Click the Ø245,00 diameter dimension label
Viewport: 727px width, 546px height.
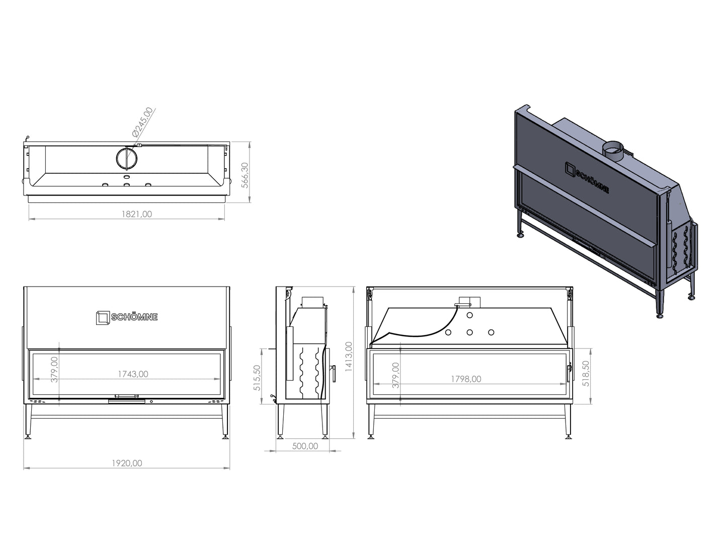pos(142,122)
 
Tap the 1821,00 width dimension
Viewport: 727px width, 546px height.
pos(136,214)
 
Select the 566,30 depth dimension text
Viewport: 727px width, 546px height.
pos(245,175)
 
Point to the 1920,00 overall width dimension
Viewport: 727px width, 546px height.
pos(127,463)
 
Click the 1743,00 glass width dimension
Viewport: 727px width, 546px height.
pos(133,374)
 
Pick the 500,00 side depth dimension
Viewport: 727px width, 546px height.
pos(305,446)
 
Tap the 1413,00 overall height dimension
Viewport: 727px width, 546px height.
pos(349,357)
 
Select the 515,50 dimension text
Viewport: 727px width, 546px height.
pos(257,378)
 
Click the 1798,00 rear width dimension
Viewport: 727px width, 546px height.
pos(466,379)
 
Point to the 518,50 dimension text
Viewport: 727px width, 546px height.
pos(586,373)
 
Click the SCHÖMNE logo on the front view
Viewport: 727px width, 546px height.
pos(127,318)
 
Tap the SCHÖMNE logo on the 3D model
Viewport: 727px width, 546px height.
pos(587,177)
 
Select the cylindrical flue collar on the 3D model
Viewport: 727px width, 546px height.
pos(612,152)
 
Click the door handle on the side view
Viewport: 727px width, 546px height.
pos(334,374)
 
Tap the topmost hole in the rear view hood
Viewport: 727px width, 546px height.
pos(469,315)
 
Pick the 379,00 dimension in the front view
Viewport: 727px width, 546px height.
pos(55,369)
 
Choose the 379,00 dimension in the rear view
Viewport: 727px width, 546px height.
pos(396,375)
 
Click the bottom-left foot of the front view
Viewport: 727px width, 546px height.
pos(28,437)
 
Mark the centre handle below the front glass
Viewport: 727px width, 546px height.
pos(126,397)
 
